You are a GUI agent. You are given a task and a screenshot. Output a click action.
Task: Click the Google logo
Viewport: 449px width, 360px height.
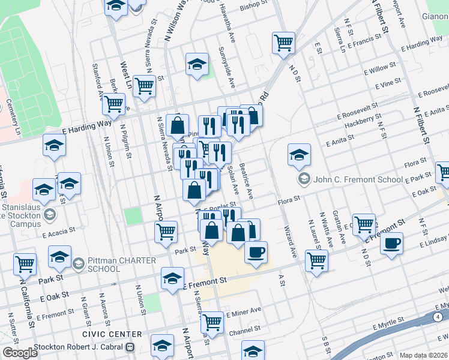pos(20,353)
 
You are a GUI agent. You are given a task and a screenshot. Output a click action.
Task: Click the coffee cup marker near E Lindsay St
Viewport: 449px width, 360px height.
pos(391,244)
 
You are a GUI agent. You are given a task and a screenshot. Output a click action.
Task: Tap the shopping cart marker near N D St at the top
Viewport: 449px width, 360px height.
pos(283,43)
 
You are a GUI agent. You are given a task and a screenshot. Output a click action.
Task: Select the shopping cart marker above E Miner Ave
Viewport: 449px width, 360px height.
pos(212,322)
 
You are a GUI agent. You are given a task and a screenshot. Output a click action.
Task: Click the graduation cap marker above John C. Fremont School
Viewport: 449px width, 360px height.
pos(299,155)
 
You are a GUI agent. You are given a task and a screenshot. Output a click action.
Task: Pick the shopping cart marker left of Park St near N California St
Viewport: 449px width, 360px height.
pos(25,263)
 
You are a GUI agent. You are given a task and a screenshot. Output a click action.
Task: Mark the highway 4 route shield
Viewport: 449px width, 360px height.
pos(438,316)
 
